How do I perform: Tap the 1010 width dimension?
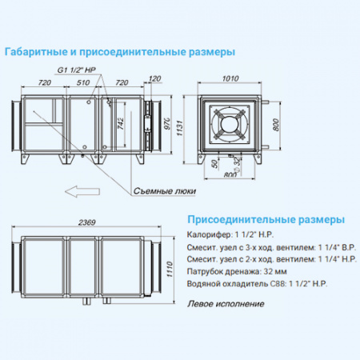pos(230,79)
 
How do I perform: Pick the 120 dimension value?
pos(155,78)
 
